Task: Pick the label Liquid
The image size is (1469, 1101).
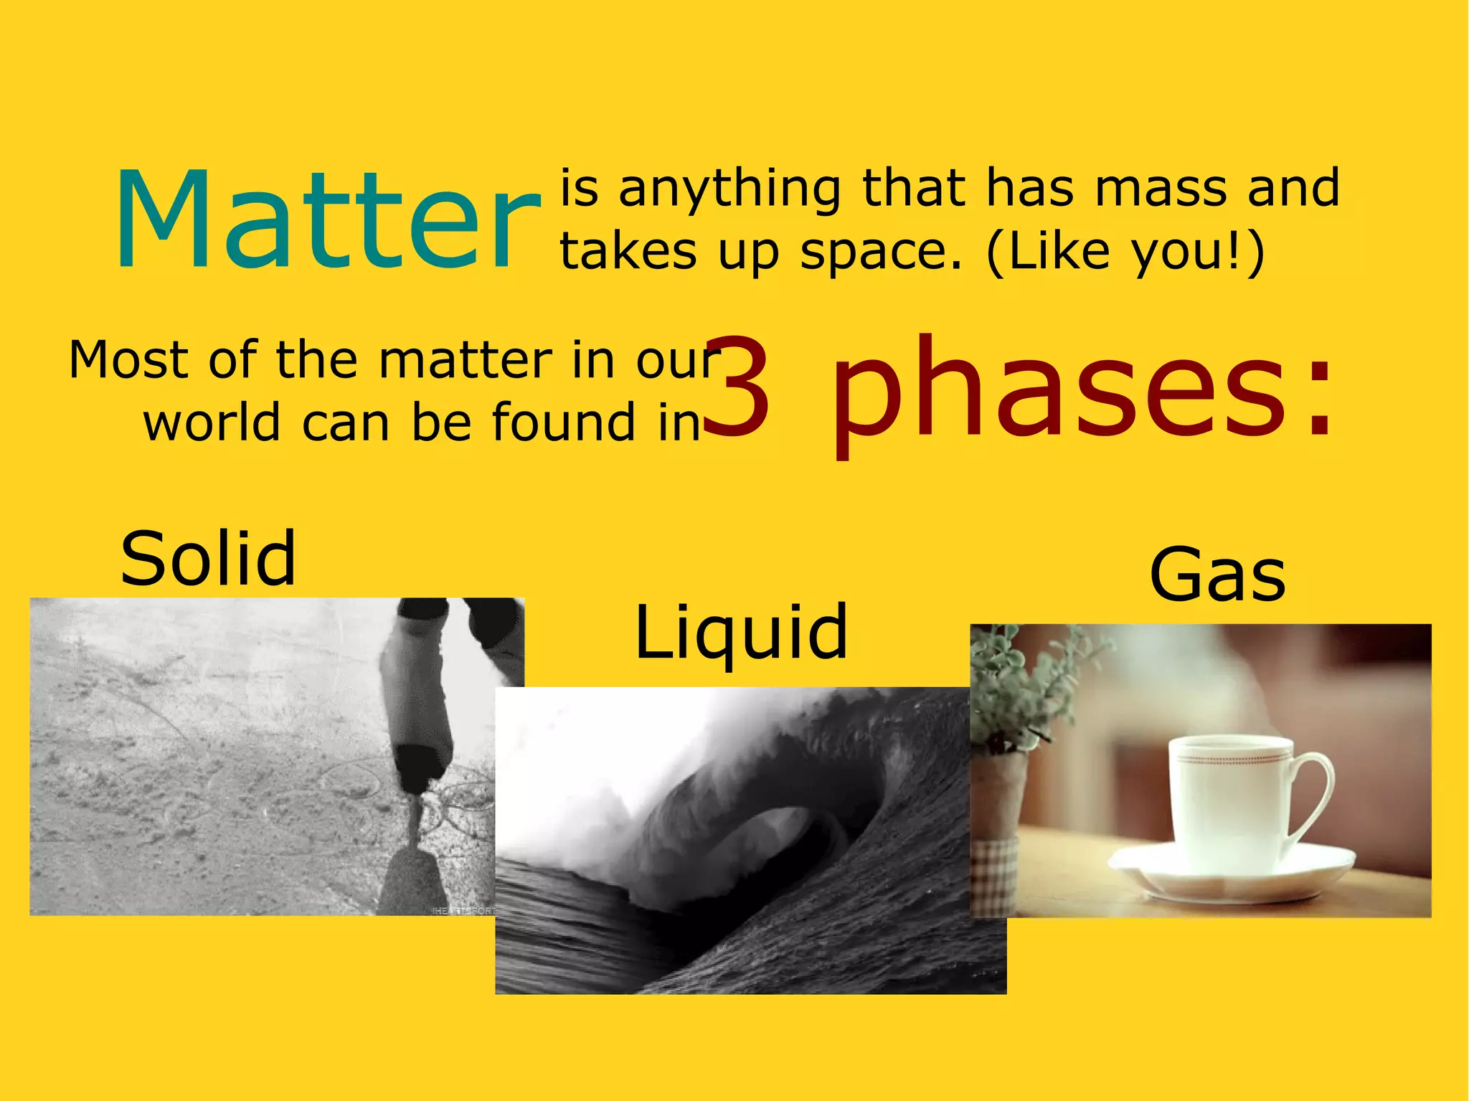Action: [742, 633]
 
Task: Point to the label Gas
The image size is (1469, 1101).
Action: [1217, 575]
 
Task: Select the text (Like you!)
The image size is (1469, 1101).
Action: [1125, 252]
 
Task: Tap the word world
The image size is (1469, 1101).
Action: [212, 422]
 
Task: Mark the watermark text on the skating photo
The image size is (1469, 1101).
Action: [463, 910]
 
